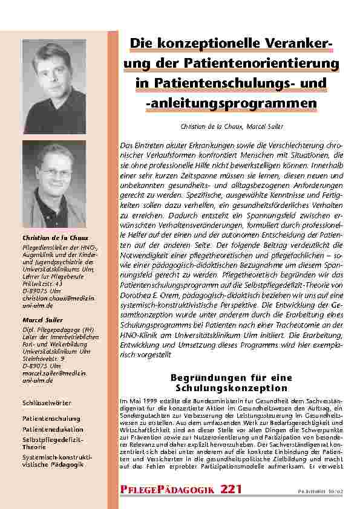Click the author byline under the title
click(x=232, y=126)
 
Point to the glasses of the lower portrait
click(x=54, y=172)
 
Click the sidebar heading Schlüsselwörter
click(x=47, y=402)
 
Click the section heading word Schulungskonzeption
click(x=232, y=387)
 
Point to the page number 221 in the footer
click(x=232, y=488)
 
